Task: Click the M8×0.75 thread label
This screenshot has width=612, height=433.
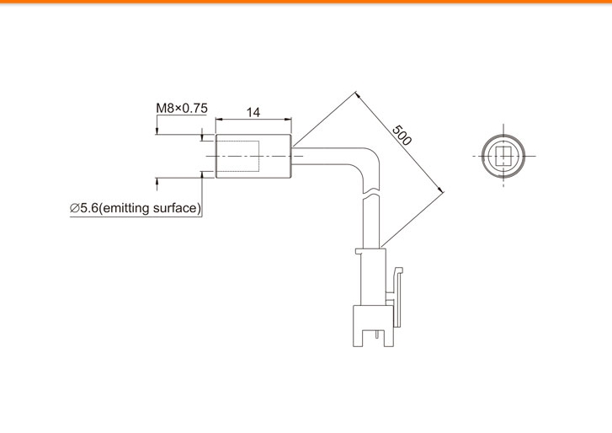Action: tap(182, 108)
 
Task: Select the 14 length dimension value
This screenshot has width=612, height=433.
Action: tap(253, 112)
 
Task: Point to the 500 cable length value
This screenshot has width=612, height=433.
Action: tap(402, 135)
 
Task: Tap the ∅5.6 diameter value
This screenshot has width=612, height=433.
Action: tap(84, 208)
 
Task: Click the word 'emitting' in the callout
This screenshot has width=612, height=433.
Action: tap(127, 208)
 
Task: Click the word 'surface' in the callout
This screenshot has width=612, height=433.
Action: tap(175, 208)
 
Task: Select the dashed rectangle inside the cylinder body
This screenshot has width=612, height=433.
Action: tap(237, 156)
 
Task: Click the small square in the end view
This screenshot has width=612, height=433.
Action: tap(503, 156)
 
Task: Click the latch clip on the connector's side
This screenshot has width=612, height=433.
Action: tap(396, 297)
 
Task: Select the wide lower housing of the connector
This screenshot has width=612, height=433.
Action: tap(373, 326)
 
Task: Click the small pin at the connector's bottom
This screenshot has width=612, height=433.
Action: tap(377, 335)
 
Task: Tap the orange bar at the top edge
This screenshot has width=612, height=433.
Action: tap(306, 2)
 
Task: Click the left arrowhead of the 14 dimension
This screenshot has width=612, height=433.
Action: tap(219, 119)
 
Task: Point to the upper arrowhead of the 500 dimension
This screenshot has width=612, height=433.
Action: tap(359, 95)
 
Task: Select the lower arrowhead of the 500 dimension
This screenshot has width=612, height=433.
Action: tap(441, 190)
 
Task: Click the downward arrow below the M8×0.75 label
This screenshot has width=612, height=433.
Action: tap(157, 130)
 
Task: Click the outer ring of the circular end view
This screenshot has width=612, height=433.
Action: tap(503, 135)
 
